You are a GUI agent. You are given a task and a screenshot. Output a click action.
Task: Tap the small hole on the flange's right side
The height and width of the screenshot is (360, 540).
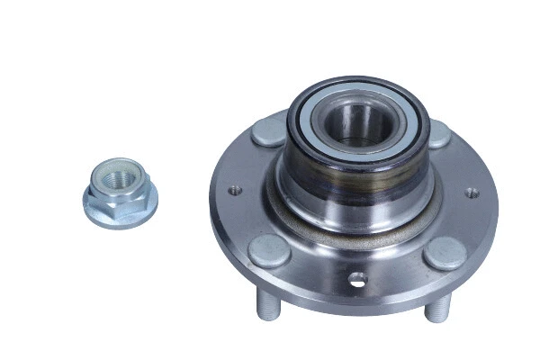[x=469, y=191]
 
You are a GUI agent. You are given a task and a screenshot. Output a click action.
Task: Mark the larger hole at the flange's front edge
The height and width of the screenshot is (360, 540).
[x=358, y=279]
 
